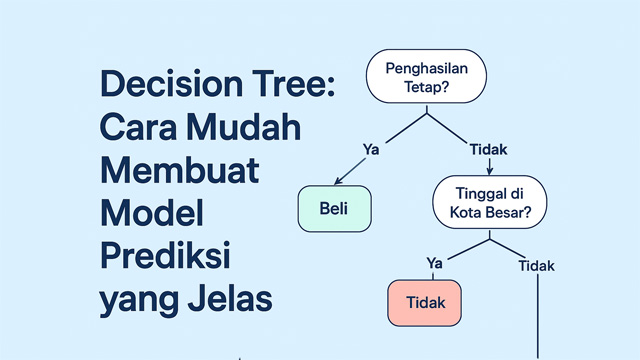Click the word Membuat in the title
pyautogui.click(x=179, y=172)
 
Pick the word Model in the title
pyautogui.click(x=151, y=214)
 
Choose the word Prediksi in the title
pyautogui.click(x=166, y=257)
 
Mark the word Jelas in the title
pyautogui.click(x=231, y=299)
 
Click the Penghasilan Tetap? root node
pyautogui.click(x=427, y=78)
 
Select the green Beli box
pyautogui.click(x=334, y=208)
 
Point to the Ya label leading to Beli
pyautogui.click(x=370, y=148)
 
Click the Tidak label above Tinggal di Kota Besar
pyautogui.click(x=488, y=148)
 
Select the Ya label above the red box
pyautogui.click(x=434, y=262)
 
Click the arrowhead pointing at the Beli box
pyautogui.click(x=337, y=182)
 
